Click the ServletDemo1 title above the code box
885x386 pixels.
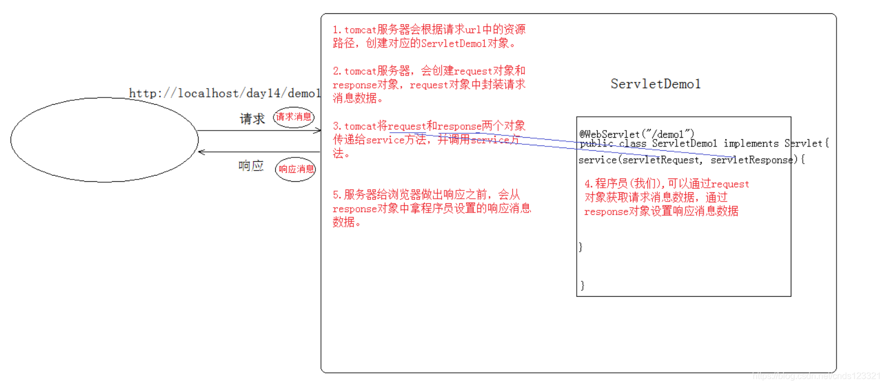pyautogui.click(x=655, y=84)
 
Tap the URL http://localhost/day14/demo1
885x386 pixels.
pyautogui.click(x=224, y=93)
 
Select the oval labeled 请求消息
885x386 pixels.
pyautogui.click(x=294, y=117)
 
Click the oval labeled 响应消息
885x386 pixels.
pyautogui.click(x=296, y=169)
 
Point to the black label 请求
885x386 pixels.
pyautogui.click(x=252, y=119)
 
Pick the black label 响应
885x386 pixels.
pyautogui.click(x=251, y=166)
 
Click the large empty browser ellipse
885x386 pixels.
pyautogui.click(x=104, y=140)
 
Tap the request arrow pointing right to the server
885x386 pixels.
pyautogui.click(x=259, y=131)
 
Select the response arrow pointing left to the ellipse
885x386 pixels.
pyautogui.click(x=259, y=151)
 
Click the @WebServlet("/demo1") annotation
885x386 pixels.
pyautogui.click(x=636, y=134)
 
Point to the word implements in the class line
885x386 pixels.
pyautogui.click(x=751, y=144)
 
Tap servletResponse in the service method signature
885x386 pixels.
pyautogui.click(x=751, y=160)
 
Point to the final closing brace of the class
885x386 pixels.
pyautogui.click(x=582, y=285)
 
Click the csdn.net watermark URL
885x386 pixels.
pyautogui.click(x=816, y=376)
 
